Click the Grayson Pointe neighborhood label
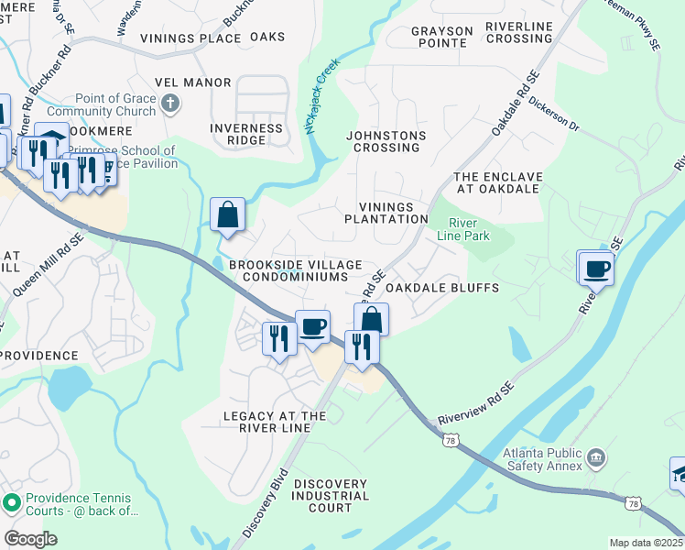coord(441,38)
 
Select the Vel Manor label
coord(193,82)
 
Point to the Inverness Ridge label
coord(246,134)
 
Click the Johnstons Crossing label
coord(386,141)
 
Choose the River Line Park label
coord(469,229)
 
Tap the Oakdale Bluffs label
coord(442,288)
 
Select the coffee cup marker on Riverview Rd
coord(596,269)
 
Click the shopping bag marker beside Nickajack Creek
coord(227,215)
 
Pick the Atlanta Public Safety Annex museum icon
coord(596,456)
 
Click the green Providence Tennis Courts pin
coord(12,502)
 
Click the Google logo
coord(31,539)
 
